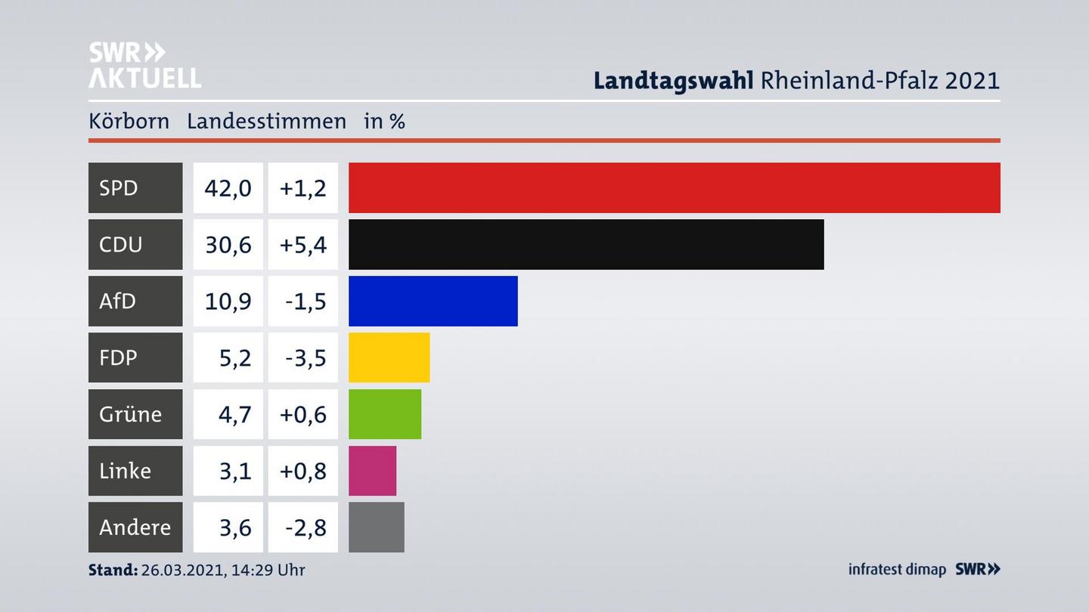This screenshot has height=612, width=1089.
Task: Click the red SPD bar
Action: pos(674,187)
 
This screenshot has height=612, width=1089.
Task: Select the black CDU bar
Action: pos(586,244)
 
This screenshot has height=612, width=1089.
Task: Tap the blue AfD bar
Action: pos(433,301)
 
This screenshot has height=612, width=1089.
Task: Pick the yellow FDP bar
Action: pos(389,357)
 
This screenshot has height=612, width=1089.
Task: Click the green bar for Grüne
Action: pos(384,414)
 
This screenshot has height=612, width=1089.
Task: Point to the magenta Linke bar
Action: pos(372,471)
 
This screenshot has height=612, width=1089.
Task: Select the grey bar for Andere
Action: pos(376,527)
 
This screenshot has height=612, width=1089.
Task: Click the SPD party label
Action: pos(119,187)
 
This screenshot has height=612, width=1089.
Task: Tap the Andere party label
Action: pos(135,527)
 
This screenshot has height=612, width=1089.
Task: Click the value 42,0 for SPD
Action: pos(228,187)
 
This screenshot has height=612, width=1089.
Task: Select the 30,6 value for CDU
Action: pos(228,244)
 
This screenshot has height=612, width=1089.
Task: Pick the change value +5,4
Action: pos(302,244)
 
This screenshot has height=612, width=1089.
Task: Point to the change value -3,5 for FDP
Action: pos(305,357)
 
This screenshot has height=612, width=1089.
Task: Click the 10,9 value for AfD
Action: pos(228,301)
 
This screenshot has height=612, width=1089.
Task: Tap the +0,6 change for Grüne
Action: pos(302,414)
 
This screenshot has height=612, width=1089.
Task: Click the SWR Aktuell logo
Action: pos(144,65)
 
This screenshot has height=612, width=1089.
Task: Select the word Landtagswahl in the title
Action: pos(673,80)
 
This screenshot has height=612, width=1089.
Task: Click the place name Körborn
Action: pos(129,121)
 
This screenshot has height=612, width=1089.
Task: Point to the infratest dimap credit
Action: pos(897,569)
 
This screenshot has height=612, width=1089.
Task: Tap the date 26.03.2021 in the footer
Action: pos(181,570)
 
